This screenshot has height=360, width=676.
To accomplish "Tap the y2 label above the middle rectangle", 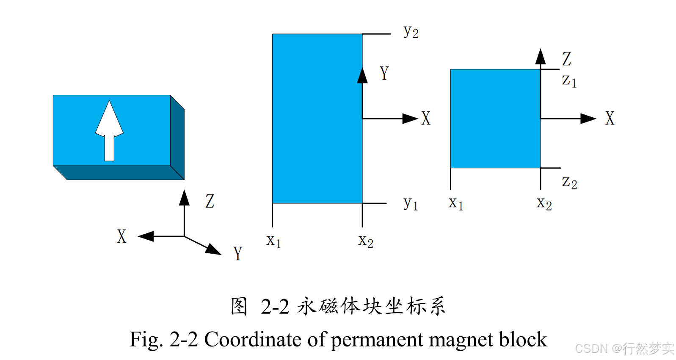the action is pyautogui.click(x=411, y=32).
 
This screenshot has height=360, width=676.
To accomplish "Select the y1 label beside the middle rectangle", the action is pyautogui.click(x=410, y=204).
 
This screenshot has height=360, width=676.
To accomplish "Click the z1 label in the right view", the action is pyautogui.click(x=569, y=80).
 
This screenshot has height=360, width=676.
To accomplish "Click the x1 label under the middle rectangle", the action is pyautogui.click(x=273, y=241).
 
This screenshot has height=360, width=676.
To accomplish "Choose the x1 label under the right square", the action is pyautogui.click(x=456, y=204).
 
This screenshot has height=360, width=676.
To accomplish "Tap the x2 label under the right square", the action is pyautogui.click(x=544, y=204).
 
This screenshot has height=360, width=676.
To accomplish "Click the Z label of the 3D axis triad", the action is pyautogui.click(x=210, y=201).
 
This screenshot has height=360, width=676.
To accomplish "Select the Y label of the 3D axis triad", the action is pyautogui.click(x=237, y=253).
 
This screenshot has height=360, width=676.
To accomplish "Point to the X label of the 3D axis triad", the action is pyautogui.click(x=121, y=236).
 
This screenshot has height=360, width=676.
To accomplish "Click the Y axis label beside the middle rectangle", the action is pyautogui.click(x=384, y=73).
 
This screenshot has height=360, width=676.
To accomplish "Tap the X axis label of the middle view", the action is pyautogui.click(x=426, y=119).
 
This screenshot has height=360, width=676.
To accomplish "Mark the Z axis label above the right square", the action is pyautogui.click(x=567, y=59).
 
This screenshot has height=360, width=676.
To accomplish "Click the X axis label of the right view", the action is pyautogui.click(x=610, y=119).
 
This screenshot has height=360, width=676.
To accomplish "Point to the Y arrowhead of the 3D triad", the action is pyautogui.click(x=214, y=249).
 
